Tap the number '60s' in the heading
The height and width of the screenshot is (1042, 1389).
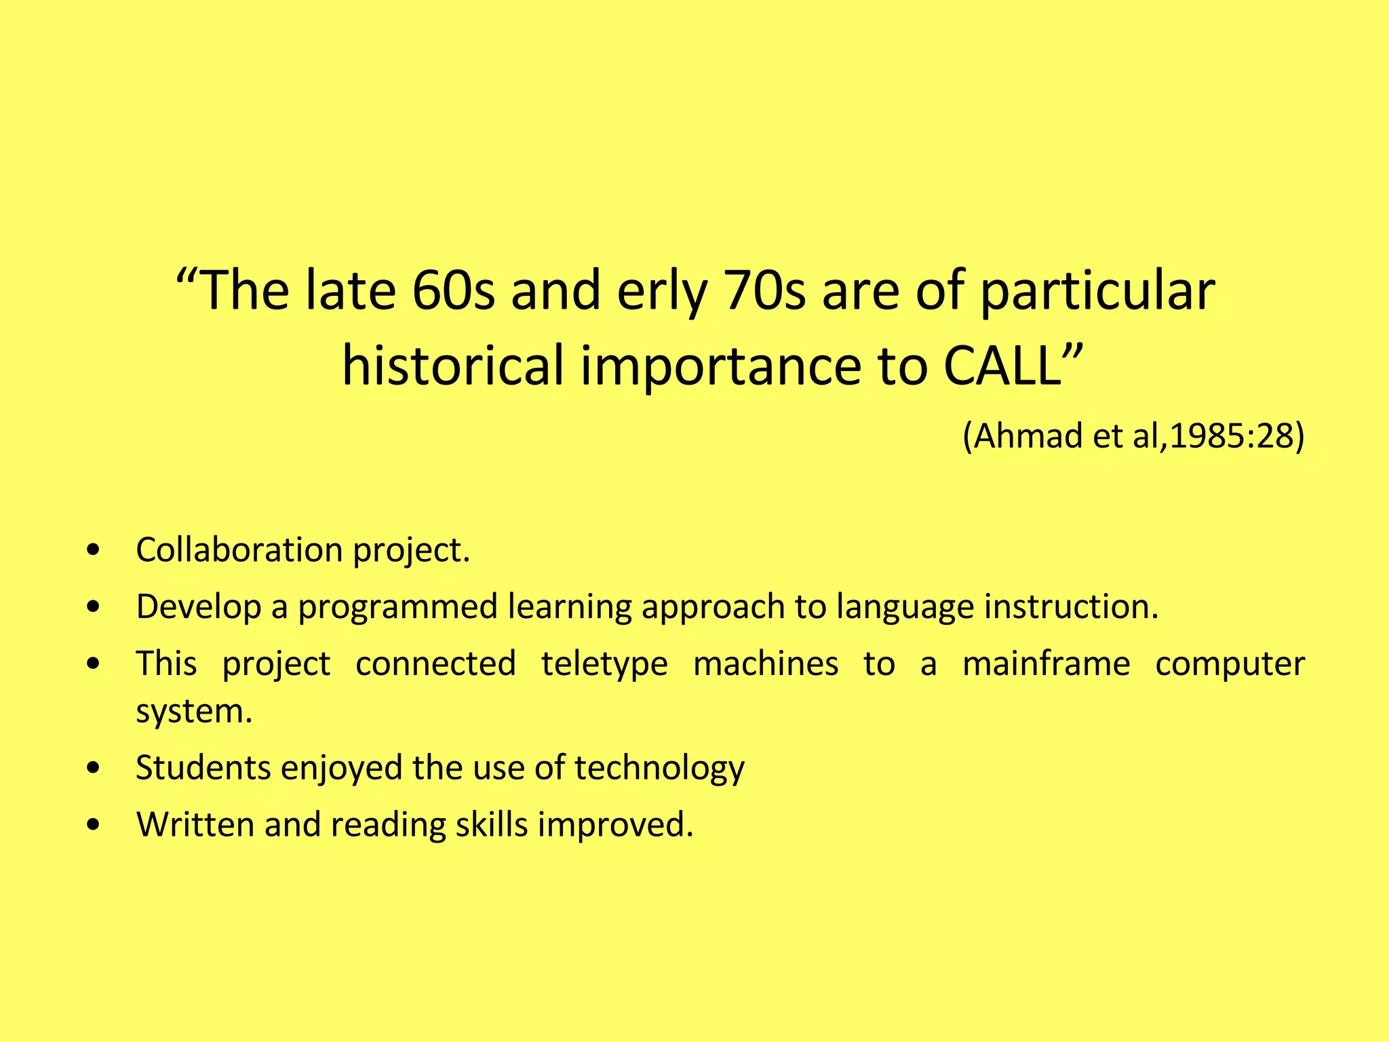453,292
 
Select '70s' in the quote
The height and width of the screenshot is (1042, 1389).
765,292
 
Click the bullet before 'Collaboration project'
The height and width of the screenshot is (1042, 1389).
94,549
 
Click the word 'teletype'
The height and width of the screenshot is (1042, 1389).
604,664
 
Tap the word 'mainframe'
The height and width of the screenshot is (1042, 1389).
1046,664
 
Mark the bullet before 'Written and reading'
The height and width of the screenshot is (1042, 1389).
94,825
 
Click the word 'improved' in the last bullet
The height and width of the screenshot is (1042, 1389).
615,826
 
